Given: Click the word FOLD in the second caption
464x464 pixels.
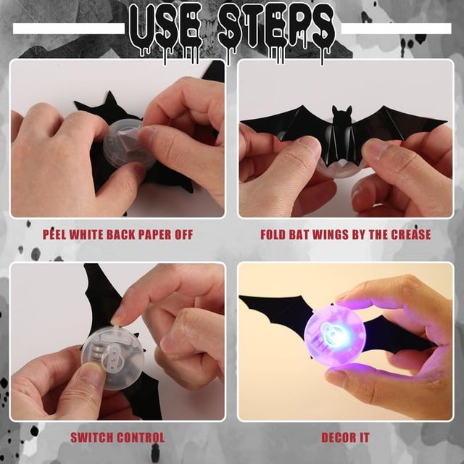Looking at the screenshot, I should [x=275, y=235].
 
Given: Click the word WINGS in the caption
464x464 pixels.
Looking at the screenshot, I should [x=344, y=235].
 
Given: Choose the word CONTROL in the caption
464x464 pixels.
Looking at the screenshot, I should [x=142, y=437].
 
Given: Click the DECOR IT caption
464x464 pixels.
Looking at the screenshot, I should [x=345, y=437].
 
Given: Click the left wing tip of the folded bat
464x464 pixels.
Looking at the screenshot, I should [x=245, y=121].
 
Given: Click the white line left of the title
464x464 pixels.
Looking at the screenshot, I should [x=69, y=29].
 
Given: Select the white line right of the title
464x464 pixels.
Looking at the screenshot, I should [x=396, y=29].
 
